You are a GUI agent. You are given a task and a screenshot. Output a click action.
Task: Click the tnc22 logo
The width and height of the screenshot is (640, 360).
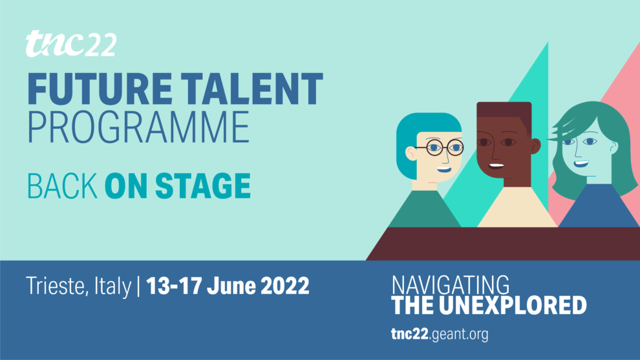pyautogui.click(x=71, y=44)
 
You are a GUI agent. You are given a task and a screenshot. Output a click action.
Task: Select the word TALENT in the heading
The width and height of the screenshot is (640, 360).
pyautogui.click(x=252, y=89)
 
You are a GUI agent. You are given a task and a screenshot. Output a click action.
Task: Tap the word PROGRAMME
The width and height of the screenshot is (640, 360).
pyautogui.click(x=138, y=127)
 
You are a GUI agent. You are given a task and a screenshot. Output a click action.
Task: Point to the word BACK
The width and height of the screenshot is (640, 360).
pyautogui.click(x=63, y=185)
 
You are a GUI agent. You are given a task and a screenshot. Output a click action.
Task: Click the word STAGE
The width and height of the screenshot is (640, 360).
pyautogui.click(x=203, y=185)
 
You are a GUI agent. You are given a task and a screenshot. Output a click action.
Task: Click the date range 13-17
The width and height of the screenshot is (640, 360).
pyautogui.click(x=174, y=286)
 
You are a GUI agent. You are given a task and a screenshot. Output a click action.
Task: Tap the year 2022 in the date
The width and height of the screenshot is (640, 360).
pyautogui.click(x=285, y=286)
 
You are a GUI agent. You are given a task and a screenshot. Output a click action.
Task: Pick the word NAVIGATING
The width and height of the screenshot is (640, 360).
pyautogui.click(x=451, y=284)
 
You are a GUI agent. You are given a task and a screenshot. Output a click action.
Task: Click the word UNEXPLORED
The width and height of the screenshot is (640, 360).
pyautogui.click(x=513, y=305)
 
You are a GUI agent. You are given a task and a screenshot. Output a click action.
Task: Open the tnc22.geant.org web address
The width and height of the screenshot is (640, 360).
pyautogui.click(x=440, y=334)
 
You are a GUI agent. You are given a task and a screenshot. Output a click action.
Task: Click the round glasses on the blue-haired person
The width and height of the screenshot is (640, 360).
pyautogui.click(x=440, y=147)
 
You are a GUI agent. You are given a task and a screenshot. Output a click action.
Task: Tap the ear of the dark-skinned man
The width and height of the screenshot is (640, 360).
pyautogui.click(x=536, y=145)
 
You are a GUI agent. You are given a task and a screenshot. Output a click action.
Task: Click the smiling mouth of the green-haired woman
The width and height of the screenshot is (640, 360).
pyautogui.click(x=581, y=164)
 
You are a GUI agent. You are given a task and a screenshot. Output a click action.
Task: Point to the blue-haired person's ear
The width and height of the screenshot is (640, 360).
pyautogui.click(x=411, y=153)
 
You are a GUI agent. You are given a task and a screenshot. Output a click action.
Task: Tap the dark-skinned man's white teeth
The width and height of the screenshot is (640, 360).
pyautogui.click(x=496, y=165)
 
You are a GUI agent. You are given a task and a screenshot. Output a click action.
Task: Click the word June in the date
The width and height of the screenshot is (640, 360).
pyautogui.click(x=231, y=286)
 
